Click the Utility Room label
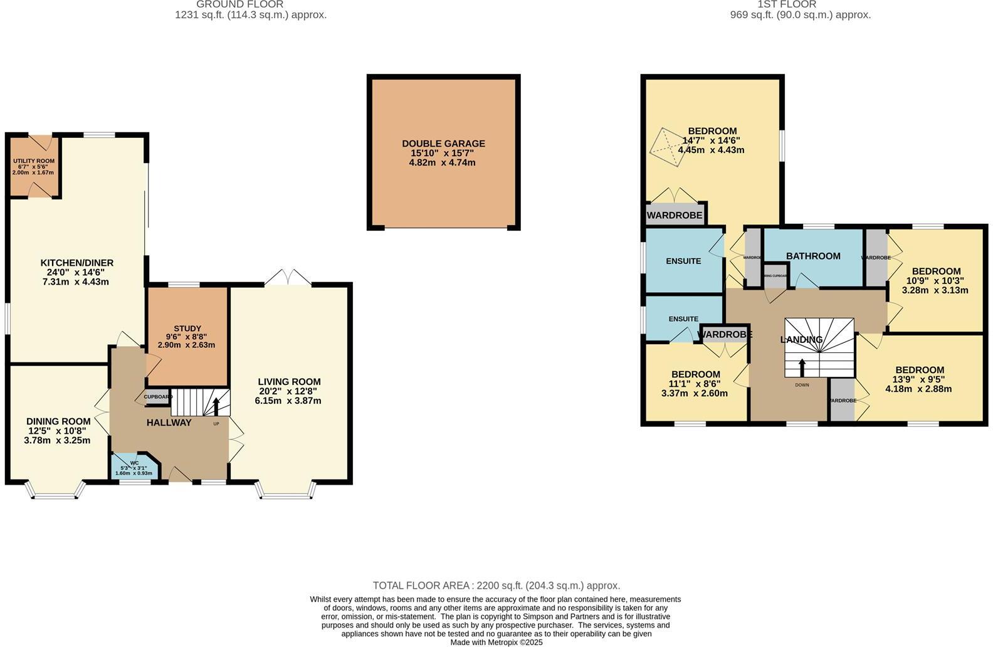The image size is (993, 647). (x=34, y=161)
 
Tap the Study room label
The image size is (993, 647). (x=187, y=329)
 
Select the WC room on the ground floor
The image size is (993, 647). (x=134, y=468)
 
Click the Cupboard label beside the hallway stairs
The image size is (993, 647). (x=157, y=397)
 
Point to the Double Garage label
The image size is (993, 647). (x=443, y=144)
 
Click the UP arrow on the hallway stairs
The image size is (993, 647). (x=217, y=406)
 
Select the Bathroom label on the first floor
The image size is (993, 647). (x=813, y=256)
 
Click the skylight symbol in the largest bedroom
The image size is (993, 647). (x=666, y=148)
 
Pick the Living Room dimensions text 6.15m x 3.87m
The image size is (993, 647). (x=288, y=401)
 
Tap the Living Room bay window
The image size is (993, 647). (x=286, y=492)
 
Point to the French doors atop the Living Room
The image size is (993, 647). (x=286, y=278)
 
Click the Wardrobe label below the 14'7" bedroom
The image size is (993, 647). (x=675, y=216)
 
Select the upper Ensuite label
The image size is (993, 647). (x=683, y=261)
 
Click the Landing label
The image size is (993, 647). (x=801, y=340)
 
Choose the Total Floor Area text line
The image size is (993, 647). (x=496, y=586)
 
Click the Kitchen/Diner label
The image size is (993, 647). (x=77, y=263)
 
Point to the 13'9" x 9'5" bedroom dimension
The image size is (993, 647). (x=918, y=379)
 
